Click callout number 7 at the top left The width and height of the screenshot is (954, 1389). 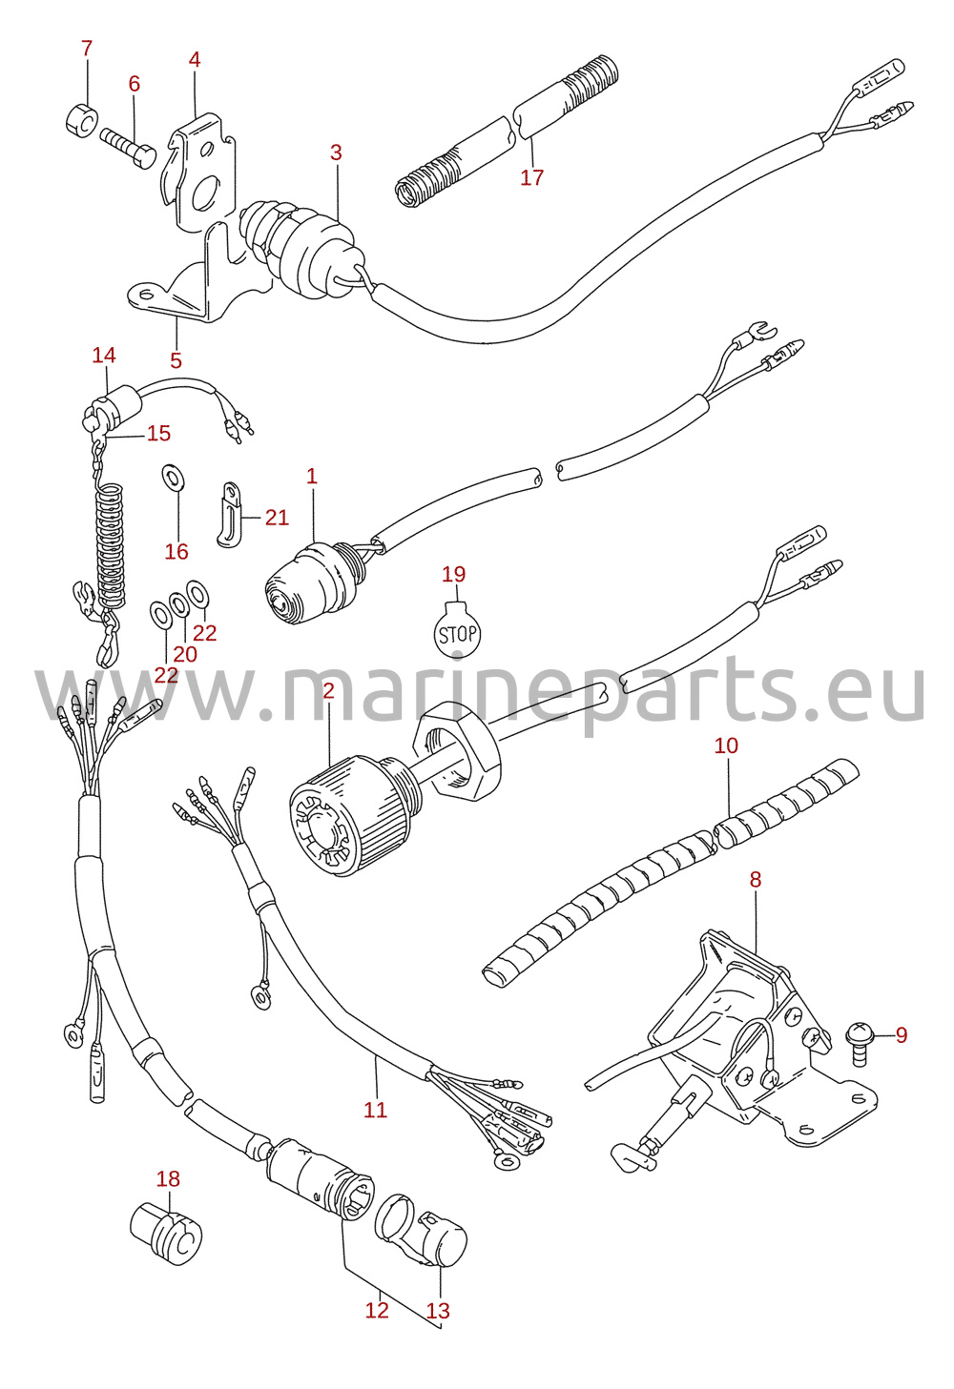coord(87,48)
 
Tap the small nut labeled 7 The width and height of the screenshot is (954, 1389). coord(81,120)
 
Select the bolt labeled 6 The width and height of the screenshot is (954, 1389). coord(129,148)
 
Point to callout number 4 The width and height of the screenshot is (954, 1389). coord(195,59)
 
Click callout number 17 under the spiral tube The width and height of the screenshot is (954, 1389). coord(532,177)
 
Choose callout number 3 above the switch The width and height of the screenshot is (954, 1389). coord(336,152)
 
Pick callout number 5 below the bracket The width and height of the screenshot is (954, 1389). coord(176,360)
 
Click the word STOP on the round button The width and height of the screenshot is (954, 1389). coord(458,634)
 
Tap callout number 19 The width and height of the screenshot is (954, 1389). coord(454,574)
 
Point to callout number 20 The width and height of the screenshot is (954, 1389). coord(184,654)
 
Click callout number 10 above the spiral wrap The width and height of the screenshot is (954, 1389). coord(726,745)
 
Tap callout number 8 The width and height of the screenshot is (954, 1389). coord(755,879)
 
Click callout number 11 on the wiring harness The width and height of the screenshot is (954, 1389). coord(375,1109)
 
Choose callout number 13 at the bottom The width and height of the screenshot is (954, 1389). coord(438,1310)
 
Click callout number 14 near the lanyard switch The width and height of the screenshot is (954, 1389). coord(104,356)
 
